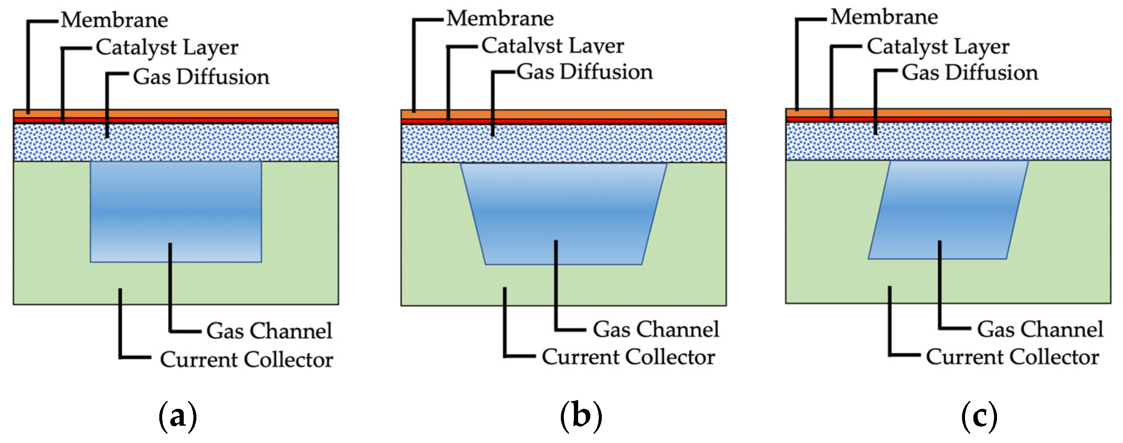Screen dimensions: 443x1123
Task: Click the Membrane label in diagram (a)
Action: [114, 20]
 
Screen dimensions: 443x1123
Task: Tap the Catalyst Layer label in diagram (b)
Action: [552, 46]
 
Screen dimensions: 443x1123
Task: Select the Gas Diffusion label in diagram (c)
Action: [970, 73]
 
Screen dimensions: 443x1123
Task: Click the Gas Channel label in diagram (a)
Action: [269, 331]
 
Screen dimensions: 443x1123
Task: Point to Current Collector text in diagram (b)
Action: [628, 357]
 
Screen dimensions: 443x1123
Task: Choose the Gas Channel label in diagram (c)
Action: [1040, 330]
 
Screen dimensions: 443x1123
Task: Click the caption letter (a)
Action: [177, 417]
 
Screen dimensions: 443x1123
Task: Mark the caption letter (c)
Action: [979, 417]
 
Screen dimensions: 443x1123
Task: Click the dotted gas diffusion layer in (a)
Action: [218, 143]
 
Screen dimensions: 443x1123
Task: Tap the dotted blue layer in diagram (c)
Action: [1002, 141]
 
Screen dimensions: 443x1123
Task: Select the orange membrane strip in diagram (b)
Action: [610, 114]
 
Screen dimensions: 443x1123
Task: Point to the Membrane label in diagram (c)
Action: [884, 17]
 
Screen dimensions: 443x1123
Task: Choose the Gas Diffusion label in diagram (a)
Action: [201, 77]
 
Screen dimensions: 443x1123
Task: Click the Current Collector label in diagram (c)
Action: [1012, 357]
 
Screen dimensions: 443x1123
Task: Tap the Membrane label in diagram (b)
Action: [500, 19]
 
